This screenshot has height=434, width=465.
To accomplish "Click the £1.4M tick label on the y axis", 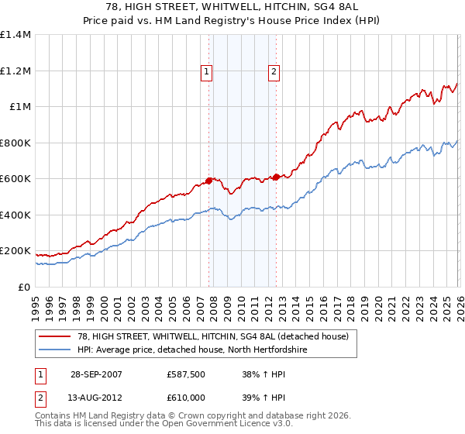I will pyautogui.click(x=15, y=35).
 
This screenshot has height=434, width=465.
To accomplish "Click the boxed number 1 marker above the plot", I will pyautogui.click(x=207, y=73).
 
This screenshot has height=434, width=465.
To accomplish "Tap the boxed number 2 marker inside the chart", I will pyautogui.click(x=274, y=73).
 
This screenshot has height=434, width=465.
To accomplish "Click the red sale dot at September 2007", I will pyautogui.click(x=209, y=181).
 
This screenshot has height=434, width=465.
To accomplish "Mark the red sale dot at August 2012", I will pyautogui.click(x=276, y=177).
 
